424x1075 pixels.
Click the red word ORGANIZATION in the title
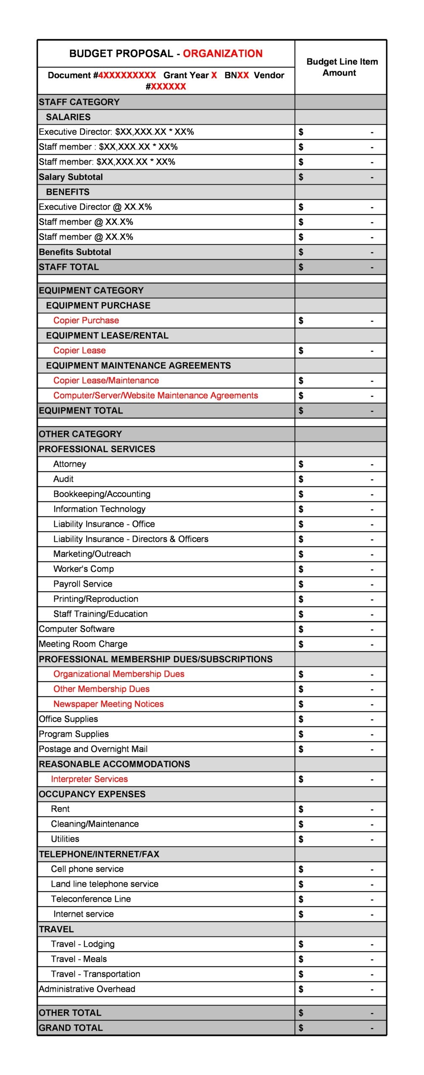coord(222,53)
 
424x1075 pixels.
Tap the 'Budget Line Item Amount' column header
coord(342,67)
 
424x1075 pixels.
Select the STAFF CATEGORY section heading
coord(79,102)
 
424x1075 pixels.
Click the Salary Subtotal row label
coord(71,177)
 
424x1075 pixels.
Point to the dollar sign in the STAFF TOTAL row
coord(300,267)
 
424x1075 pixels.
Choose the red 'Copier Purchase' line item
coord(86,320)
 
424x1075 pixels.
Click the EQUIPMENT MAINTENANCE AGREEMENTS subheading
coord(138,365)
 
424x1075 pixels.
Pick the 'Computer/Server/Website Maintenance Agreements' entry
coord(155,396)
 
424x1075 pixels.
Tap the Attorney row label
coord(70,464)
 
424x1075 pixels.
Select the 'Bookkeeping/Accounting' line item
coord(102,494)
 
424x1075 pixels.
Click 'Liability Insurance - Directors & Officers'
coord(131,539)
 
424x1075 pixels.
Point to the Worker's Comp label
coord(84,569)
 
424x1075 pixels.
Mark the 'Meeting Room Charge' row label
coord(83,644)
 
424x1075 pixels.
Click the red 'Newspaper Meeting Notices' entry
coord(108,704)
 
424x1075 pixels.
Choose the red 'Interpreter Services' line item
coord(89,779)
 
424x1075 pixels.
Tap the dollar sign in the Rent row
coord(300,809)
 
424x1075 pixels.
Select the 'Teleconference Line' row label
coord(91,899)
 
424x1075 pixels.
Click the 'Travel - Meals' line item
coord(79,959)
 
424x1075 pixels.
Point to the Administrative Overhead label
coord(87,989)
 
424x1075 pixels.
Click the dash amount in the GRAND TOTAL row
coord(372,1028)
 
